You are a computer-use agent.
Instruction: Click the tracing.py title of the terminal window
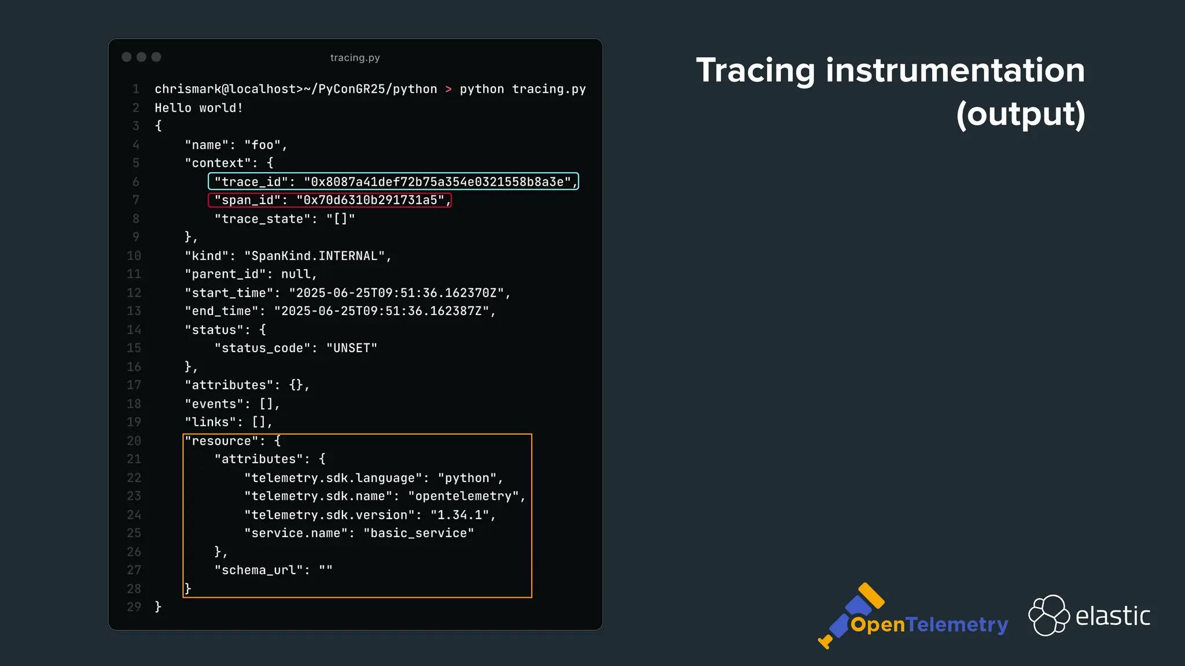tap(355, 58)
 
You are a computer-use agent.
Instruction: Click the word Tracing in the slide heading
tap(756, 71)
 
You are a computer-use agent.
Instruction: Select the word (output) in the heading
tap(1020, 114)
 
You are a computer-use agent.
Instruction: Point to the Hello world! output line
tap(198, 108)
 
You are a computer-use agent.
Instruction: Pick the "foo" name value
tap(262, 145)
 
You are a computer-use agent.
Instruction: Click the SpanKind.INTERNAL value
tap(315, 256)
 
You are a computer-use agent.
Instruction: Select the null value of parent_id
tap(296, 274)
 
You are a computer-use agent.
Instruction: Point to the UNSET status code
tap(352, 348)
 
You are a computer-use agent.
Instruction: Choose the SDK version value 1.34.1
tap(459, 515)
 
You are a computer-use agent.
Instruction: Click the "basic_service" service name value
tap(418, 533)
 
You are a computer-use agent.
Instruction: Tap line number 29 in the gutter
tap(134, 607)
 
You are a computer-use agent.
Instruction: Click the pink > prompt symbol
tap(448, 90)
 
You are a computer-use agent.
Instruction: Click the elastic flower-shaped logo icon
tap(1048, 615)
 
